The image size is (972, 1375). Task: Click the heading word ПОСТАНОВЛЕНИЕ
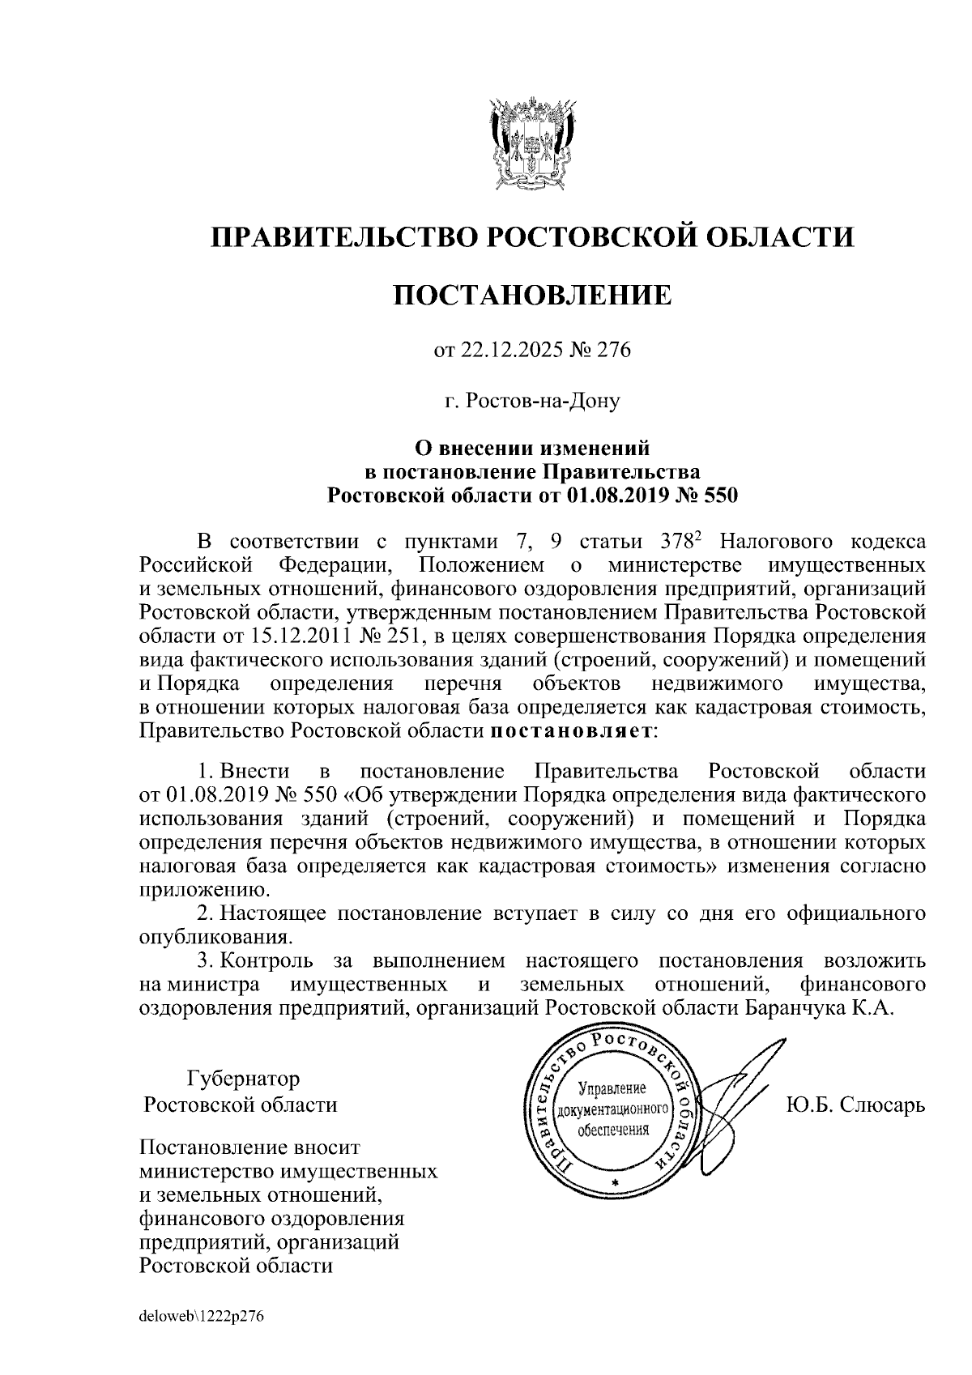[x=532, y=295]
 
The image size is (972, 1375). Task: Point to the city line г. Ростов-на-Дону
[x=532, y=401]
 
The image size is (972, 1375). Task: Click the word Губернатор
[x=243, y=1079]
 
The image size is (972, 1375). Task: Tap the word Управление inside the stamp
[x=612, y=1088]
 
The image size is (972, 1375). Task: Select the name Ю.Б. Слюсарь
[x=856, y=1105]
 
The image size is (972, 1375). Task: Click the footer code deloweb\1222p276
[x=202, y=1317]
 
